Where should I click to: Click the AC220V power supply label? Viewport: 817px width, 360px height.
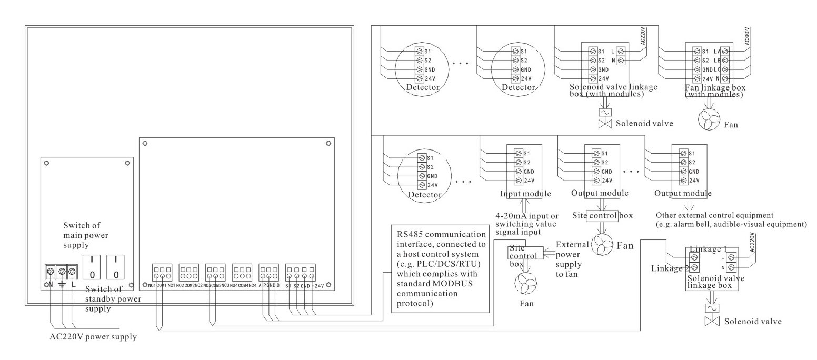89,337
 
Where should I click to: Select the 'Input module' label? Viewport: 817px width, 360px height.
525,194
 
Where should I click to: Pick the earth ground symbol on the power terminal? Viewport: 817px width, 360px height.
62,285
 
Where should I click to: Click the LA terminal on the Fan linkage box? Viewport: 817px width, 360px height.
717,51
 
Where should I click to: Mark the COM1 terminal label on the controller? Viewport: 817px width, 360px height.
161,286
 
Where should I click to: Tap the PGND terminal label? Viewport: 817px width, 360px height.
269,286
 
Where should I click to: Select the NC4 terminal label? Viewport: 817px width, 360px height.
253,286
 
